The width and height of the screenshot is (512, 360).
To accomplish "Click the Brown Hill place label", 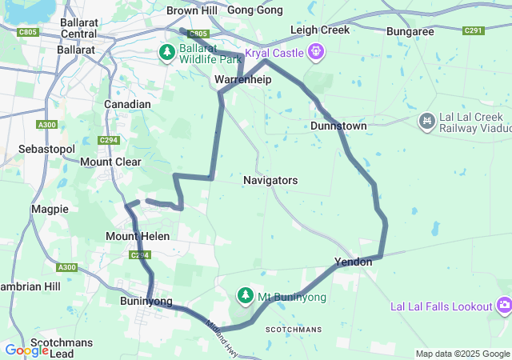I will (x=192, y=10).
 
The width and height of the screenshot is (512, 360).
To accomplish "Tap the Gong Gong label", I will (x=255, y=10).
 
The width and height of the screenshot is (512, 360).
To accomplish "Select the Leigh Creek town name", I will (x=320, y=30).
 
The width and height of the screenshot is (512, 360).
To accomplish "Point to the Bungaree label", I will (x=410, y=32).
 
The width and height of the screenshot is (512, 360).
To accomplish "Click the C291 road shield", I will (x=473, y=31).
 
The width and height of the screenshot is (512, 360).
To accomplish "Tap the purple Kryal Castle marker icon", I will (x=318, y=52).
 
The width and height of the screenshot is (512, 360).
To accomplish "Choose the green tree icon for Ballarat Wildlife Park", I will (x=166, y=53).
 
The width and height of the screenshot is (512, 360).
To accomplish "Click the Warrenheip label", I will (x=243, y=80).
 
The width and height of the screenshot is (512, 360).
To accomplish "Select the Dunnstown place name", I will (x=338, y=126).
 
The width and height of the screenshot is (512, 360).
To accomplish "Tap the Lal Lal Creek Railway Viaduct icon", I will (x=427, y=120).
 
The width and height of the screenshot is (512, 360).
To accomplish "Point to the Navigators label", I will (x=270, y=181).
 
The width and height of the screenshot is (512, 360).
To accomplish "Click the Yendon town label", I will (x=353, y=262).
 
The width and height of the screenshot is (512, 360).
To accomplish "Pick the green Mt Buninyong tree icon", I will (x=243, y=297).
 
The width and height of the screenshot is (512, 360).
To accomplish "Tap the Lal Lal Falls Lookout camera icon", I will (x=504, y=306).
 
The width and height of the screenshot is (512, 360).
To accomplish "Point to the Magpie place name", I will (x=50, y=209).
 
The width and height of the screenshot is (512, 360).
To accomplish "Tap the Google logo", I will (x=26, y=350).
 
